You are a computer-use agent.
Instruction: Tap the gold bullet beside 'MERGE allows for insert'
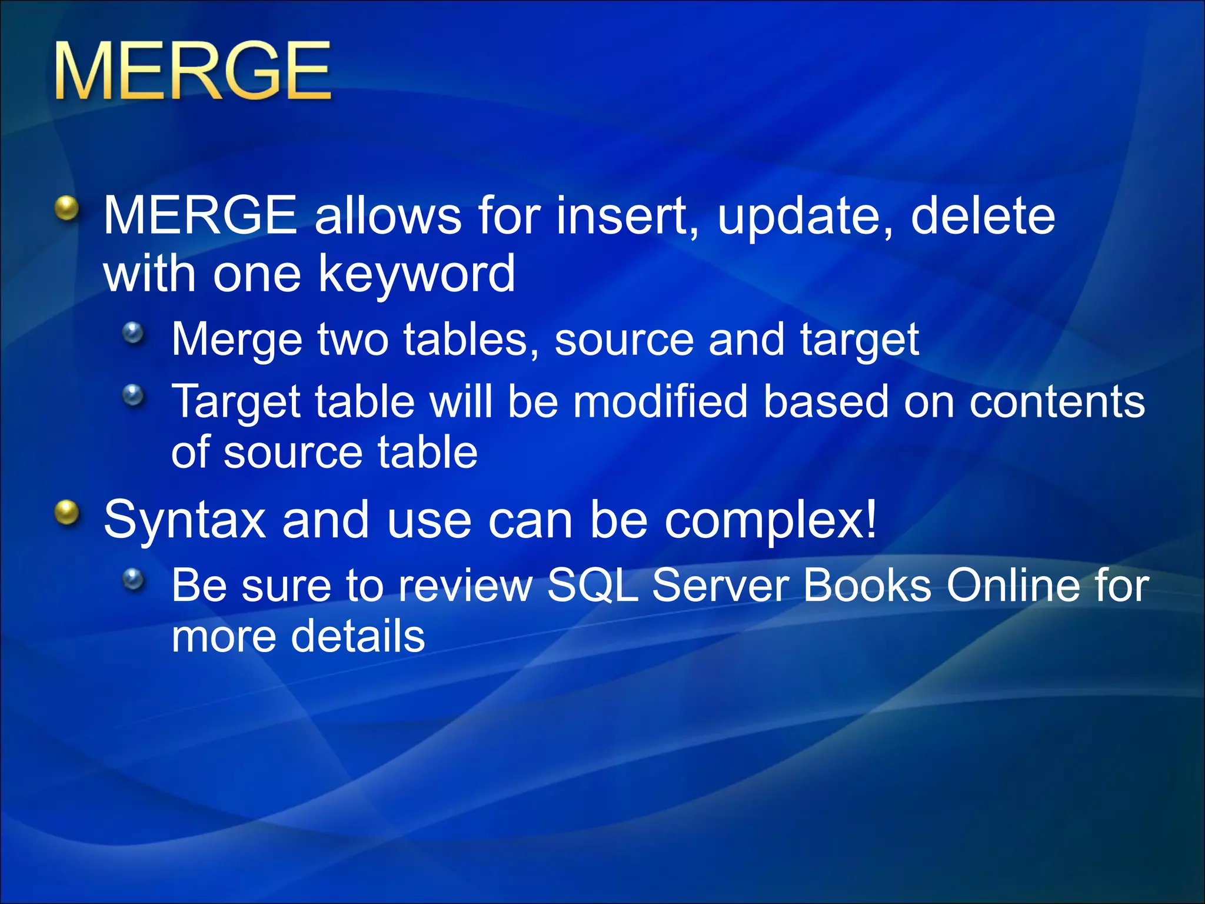point(67,209)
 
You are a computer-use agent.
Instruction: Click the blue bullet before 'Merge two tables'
point(134,334)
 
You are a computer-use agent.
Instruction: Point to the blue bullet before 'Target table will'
point(134,395)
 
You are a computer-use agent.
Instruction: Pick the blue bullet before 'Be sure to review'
point(134,580)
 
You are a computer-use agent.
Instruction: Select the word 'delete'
point(983,216)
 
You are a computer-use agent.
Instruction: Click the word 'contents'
point(1057,403)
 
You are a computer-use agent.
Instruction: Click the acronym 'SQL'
point(592,586)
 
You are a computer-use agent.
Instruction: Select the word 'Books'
point(867,586)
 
